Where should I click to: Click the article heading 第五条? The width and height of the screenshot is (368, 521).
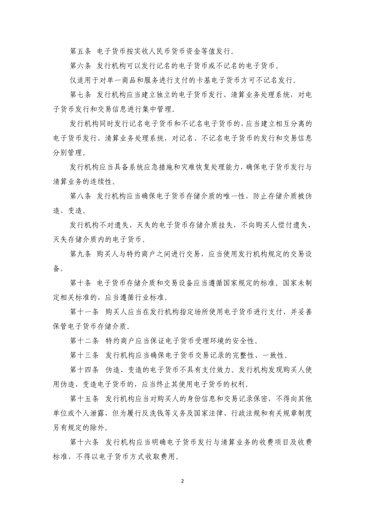click(x=80, y=51)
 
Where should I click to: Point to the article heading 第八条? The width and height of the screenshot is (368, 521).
click(x=80, y=196)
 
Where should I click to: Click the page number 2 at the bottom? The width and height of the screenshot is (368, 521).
click(x=184, y=481)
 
